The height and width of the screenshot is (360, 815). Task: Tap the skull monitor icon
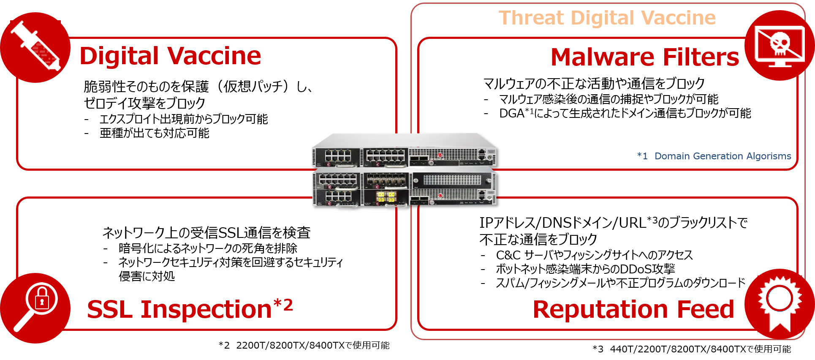pyautogui.click(x=780, y=45)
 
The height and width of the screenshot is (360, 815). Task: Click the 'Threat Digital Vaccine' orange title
pyautogui.click(x=607, y=18)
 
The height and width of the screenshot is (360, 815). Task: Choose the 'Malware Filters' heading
pyautogui.click(x=644, y=57)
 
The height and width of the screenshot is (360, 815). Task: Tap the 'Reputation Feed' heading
pyautogui.click(x=633, y=309)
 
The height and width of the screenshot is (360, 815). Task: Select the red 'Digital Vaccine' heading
pyautogui.click(x=170, y=56)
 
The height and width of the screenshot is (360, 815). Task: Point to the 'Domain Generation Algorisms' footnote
pyautogui.click(x=714, y=156)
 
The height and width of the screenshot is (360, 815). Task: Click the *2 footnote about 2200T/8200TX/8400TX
pyautogui.click(x=304, y=345)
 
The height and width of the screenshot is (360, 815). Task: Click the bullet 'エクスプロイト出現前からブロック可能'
pyautogui.click(x=183, y=119)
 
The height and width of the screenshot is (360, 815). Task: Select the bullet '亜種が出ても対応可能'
pyautogui.click(x=154, y=134)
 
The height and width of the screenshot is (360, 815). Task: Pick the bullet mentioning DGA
pyautogui.click(x=625, y=113)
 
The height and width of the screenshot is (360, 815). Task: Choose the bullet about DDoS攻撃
pyautogui.click(x=585, y=269)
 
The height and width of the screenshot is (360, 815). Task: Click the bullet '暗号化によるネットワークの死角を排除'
pyautogui.click(x=208, y=248)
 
